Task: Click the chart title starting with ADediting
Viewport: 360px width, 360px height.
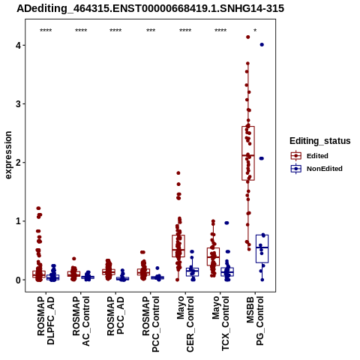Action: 150,8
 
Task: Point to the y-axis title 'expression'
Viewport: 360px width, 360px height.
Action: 8,155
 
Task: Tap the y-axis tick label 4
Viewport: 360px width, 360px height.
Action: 18,46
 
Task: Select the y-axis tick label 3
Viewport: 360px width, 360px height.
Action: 18,104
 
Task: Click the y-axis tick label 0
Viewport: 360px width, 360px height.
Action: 18,280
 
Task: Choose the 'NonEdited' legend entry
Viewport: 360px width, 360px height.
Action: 316,169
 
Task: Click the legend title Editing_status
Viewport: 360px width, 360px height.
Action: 320,141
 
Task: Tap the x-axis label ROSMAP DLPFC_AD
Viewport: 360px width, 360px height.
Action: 46,320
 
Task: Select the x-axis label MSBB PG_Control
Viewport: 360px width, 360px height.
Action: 255,321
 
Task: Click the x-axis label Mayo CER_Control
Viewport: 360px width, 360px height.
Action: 185,324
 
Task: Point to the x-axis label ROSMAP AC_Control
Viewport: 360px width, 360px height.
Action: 81,321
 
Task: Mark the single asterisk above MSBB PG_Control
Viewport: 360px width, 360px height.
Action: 255,31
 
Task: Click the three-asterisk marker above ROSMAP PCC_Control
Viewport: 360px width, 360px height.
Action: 151,31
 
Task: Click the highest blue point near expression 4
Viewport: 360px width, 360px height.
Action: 262,45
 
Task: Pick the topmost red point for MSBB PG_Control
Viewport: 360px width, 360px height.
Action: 248,37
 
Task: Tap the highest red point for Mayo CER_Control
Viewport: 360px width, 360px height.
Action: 178,173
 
